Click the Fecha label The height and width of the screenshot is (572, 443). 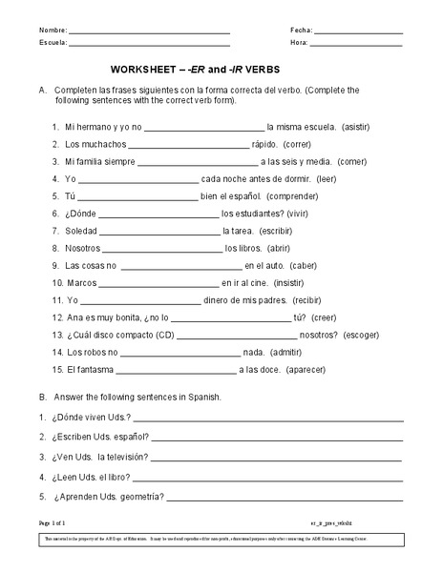(302, 31)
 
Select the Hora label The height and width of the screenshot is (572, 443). (299, 44)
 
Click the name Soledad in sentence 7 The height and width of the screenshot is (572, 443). (80, 231)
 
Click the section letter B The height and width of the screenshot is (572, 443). (43, 397)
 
